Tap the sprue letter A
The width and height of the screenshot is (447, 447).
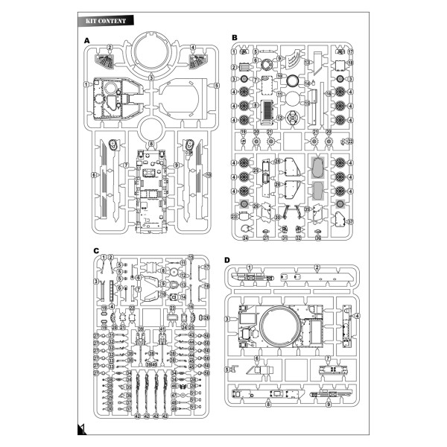click(87, 39)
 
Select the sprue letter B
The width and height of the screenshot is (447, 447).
click(234, 37)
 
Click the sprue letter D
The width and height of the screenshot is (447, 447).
click(226, 259)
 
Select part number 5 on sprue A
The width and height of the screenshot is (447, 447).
click(217, 85)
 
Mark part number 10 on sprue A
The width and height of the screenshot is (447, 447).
click(209, 175)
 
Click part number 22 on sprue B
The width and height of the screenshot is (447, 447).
click(351, 141)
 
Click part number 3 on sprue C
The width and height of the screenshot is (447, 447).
click(95, 282)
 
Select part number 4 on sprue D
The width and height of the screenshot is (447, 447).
click(358, 317)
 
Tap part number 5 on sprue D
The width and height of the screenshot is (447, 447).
click(228, 369)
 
